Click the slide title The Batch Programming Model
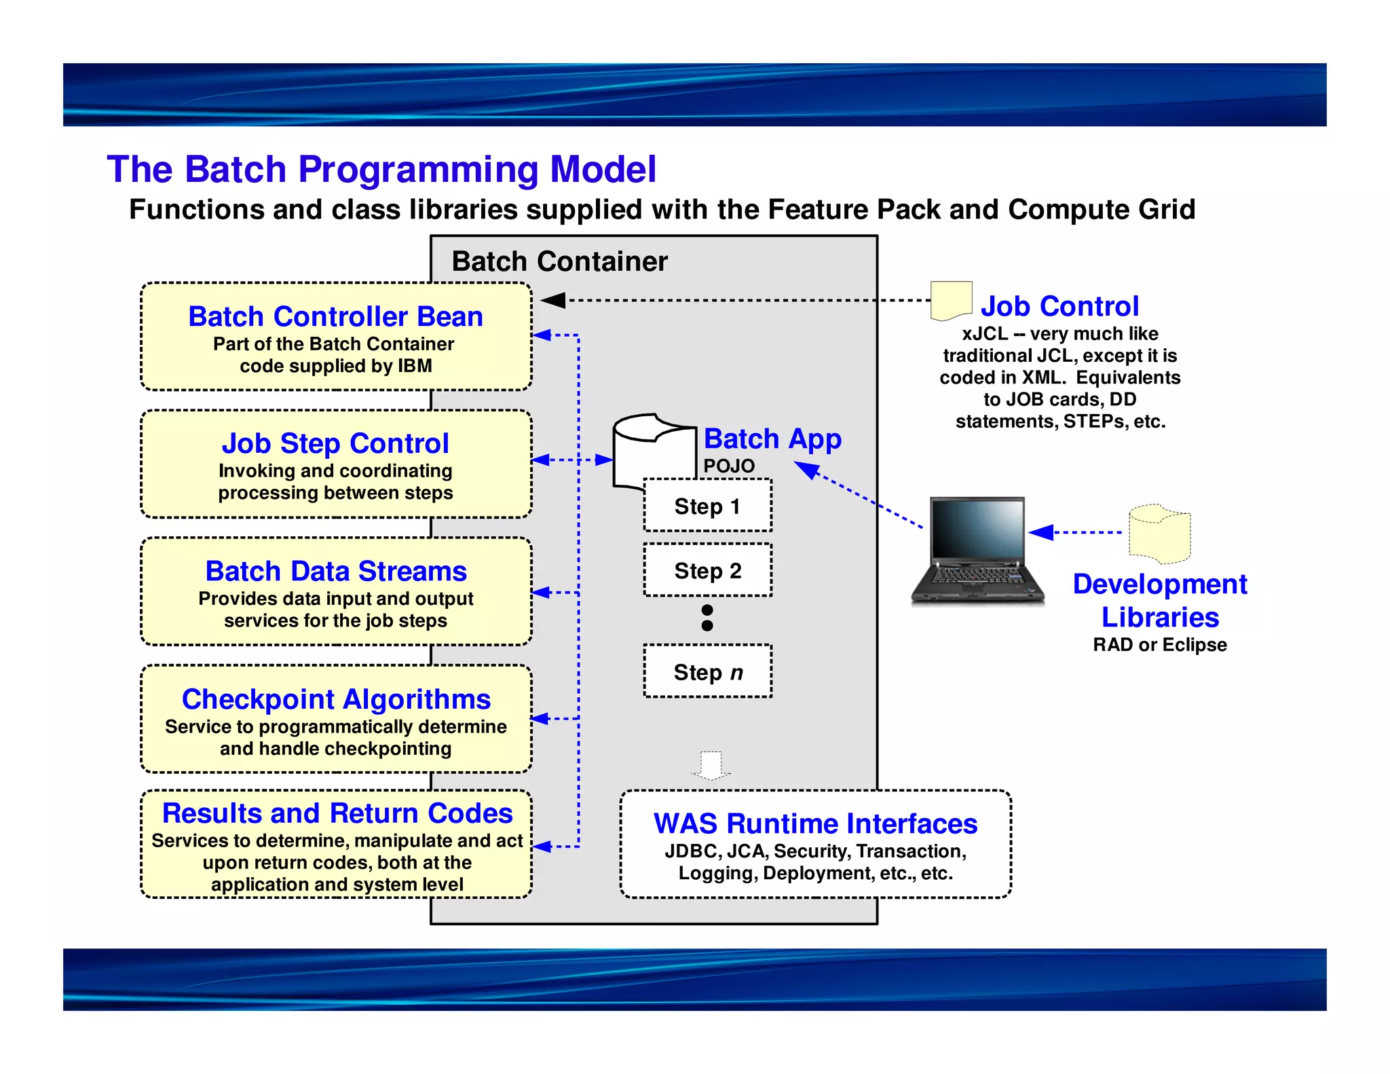[381, 169]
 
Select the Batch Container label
[559, 261]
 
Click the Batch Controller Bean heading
[335, 316]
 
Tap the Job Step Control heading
[335, 443]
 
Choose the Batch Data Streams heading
[335, 571]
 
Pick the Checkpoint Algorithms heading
[335, 699]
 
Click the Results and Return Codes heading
[337, 813]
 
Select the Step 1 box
[707, 506]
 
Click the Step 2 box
[707, 570]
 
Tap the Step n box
[707, 671]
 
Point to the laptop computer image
[977, 550]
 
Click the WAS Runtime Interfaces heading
[815, 823]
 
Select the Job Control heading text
[1059, 306]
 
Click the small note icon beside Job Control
[951, 300]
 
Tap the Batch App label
[772, 439]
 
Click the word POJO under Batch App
[729, 466]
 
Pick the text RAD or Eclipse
[1159, 644]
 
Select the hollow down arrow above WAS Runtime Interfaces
[711, 766]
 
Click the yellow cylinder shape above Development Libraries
[1159, 534]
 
